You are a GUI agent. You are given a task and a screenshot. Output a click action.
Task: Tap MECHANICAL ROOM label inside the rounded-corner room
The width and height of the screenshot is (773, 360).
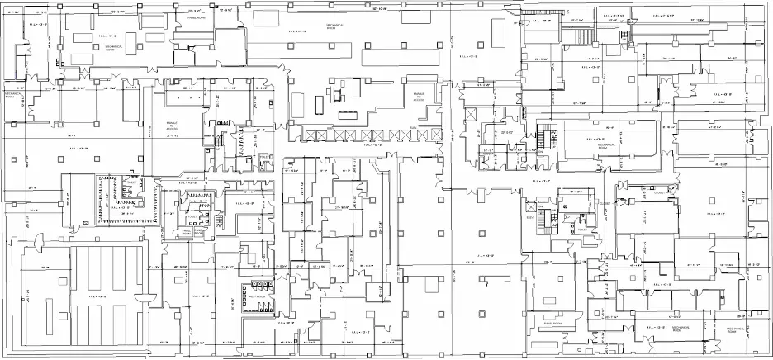tap(607, 144)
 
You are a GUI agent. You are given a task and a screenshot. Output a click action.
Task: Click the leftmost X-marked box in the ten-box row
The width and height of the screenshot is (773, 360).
tap(312, 134)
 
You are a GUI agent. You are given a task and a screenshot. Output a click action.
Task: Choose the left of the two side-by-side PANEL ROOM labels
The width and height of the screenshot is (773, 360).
tap(187, 234)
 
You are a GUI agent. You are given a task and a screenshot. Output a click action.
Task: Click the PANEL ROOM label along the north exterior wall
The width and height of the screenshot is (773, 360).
tap(197, 17)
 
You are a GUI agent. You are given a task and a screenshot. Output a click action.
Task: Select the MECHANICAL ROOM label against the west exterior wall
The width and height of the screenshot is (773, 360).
tap(12, 96)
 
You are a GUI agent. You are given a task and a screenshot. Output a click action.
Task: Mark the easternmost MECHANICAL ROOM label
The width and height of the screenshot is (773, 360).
tap(736, 329)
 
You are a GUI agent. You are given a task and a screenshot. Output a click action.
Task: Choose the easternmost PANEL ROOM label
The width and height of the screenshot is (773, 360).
tap(552, 324)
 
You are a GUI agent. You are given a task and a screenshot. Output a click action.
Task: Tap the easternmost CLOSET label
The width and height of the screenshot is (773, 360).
tap(660, 192)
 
